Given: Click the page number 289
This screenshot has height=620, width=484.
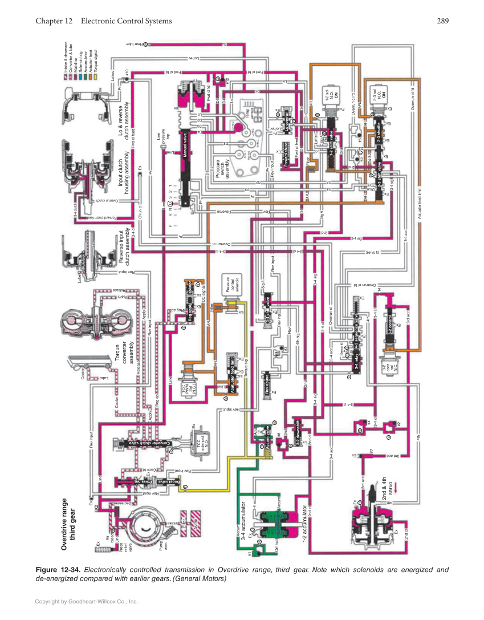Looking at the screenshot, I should click(x=443, y=21).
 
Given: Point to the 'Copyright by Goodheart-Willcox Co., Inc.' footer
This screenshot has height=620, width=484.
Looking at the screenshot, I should click(x=87, y=601).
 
